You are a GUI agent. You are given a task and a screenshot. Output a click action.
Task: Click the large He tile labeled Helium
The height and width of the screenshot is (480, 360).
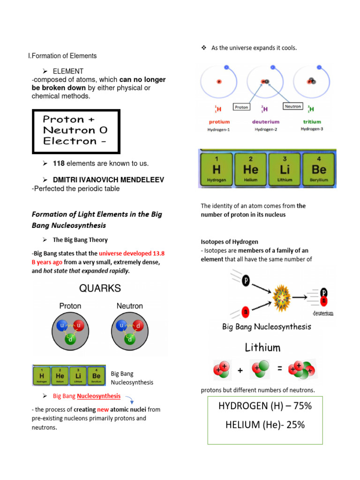(250, 169)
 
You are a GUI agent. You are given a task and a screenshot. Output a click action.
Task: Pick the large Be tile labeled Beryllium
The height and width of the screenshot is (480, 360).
(319, 169)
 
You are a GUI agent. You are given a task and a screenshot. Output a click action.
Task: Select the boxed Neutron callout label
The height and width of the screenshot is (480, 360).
(292, 106)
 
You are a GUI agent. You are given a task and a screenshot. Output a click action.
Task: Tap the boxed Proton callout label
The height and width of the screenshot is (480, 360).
(241, 107)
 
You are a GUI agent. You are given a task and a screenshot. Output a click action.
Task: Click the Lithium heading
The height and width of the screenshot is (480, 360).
(262, 347)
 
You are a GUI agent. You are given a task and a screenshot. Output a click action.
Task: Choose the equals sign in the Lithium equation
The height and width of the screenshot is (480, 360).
(280, 369)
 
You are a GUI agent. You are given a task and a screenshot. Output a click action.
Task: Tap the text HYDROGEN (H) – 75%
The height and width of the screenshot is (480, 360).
(265, 406)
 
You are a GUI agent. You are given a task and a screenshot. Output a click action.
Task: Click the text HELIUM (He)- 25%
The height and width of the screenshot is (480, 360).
(265, 425)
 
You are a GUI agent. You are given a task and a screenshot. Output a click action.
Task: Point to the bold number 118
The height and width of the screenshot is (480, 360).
(59, 164)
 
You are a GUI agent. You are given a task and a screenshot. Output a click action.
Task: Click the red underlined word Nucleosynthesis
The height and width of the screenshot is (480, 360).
(98, 396)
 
